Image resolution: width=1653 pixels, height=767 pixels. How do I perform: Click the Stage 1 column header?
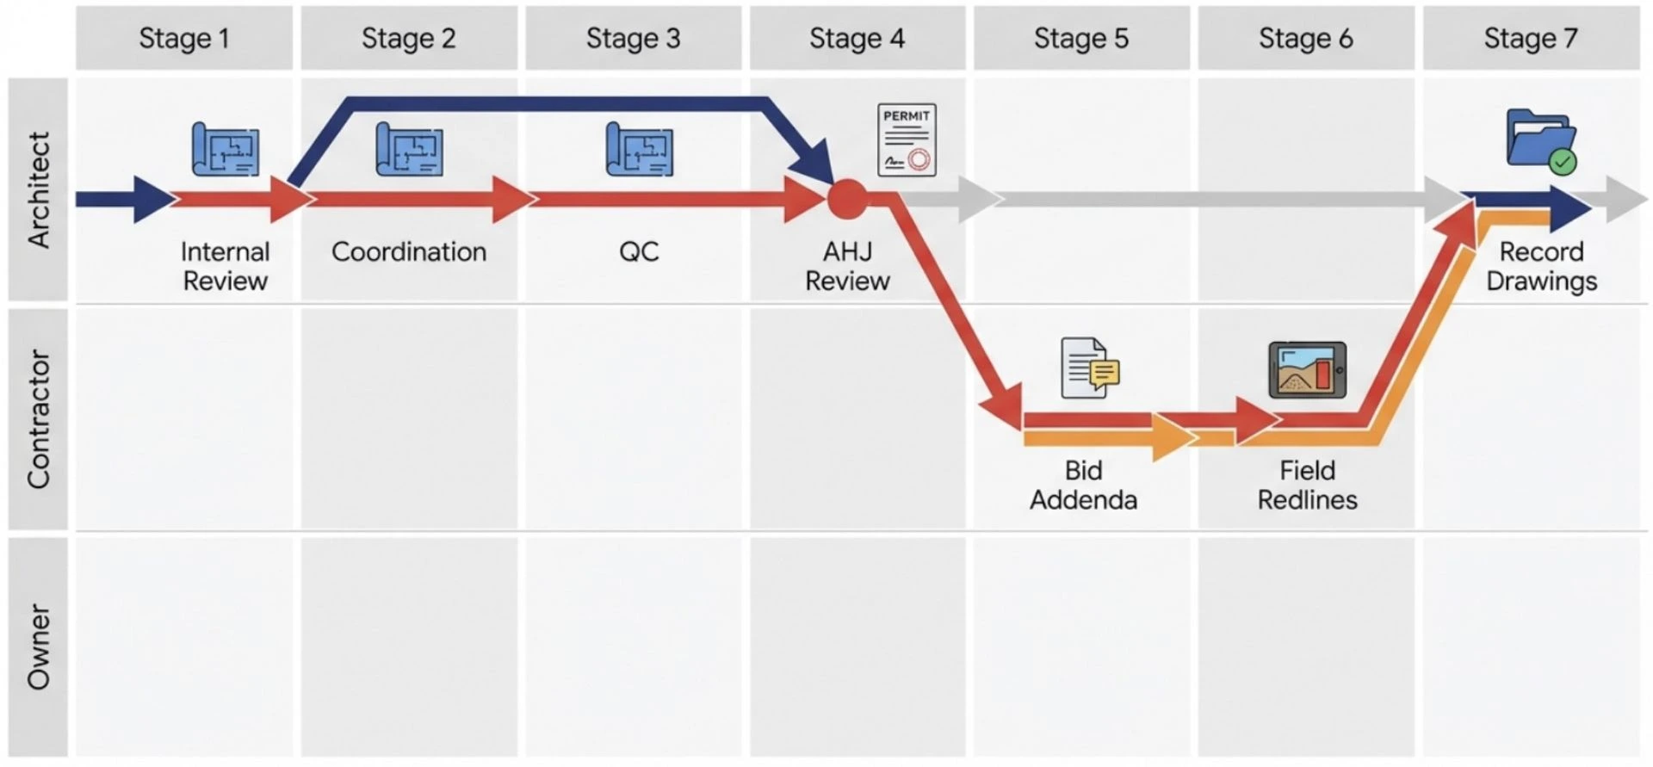click(184, 39)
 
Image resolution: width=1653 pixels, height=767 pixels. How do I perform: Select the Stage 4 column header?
click(857, 39)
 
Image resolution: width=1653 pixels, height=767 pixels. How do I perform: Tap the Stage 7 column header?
click(1530, 39)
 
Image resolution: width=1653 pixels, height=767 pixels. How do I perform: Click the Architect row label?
click(39, 189)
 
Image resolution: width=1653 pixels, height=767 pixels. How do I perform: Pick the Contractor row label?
click(39, 419)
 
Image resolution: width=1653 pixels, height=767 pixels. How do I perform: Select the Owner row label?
click(39, 646)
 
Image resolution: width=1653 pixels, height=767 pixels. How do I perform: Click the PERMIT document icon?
click(907, 140)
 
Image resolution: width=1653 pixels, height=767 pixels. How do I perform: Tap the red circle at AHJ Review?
click(847, 199)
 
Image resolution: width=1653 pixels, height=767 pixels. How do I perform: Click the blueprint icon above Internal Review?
click(226, 150)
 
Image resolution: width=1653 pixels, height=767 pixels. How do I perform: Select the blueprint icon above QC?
click(639, 150)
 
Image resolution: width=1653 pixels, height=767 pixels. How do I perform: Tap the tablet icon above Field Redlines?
click(1307, 370)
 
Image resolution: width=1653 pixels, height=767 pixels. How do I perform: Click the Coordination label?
click(409, 252)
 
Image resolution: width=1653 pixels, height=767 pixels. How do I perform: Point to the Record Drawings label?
click(1541, 266)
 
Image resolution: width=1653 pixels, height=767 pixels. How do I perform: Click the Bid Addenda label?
click(1083, 485)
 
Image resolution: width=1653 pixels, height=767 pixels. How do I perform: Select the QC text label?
click(639, 252)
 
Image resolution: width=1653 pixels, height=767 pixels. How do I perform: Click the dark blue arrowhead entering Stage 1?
click(153, 199)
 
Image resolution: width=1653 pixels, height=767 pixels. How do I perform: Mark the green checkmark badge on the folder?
click(1563, 161)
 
